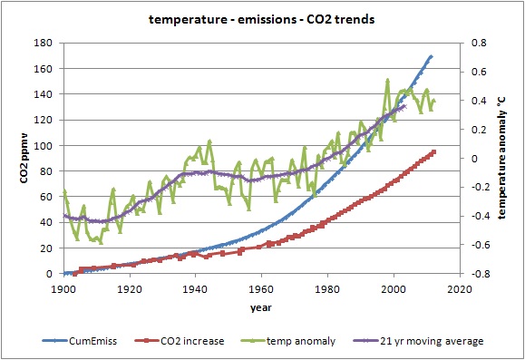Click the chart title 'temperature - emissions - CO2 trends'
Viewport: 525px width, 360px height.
point(261,19)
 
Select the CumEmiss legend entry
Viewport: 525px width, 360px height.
point(80,341)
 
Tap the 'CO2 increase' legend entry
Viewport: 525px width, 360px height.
point(180,341)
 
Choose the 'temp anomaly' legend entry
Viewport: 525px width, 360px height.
point(288,341)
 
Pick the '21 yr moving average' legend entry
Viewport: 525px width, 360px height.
point(419,341)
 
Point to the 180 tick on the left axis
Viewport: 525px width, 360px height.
point(44,43)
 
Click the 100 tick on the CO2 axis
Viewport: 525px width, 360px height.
point(44,145)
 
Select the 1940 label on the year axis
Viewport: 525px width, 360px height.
point(195,288)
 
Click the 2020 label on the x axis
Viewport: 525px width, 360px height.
point(460,288)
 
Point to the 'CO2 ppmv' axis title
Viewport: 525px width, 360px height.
point(24,159)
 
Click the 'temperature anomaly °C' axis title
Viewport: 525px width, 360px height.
point(501,159)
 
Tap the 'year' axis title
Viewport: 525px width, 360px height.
point(261,307)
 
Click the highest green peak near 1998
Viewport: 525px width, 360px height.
point(387,81)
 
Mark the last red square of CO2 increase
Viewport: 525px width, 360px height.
point(433,152)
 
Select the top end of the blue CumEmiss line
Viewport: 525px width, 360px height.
point(432,56)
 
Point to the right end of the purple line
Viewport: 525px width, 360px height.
point(404,106)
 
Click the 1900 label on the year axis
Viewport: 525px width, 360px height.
point(63,288)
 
